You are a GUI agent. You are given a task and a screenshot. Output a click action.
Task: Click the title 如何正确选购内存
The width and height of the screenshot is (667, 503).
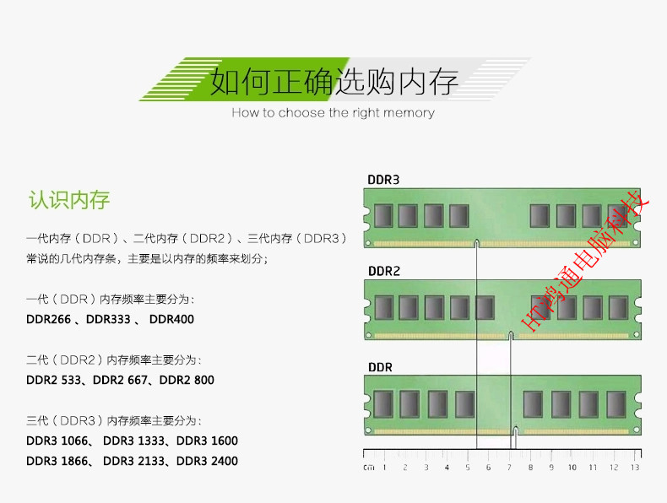coord(334,82)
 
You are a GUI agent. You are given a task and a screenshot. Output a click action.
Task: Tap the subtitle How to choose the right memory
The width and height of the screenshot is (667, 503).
coord(333,113)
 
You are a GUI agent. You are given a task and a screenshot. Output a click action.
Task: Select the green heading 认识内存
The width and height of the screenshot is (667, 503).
coord(69,201)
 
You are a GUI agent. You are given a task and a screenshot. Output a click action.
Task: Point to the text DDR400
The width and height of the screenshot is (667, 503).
coord(171,320)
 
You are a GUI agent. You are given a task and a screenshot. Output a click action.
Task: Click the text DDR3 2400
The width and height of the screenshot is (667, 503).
coord(207,462)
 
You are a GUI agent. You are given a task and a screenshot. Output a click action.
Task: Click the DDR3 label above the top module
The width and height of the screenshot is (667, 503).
coord(383,180)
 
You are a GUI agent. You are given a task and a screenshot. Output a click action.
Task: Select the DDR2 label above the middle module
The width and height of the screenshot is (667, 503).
coord(384,272)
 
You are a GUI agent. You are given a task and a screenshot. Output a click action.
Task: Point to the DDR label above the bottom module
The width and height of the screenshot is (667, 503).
coord(380,367)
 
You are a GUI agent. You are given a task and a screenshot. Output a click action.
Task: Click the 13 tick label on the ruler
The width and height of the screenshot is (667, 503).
coord(635,467)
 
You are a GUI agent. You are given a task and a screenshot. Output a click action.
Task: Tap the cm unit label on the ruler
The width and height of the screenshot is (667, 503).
coord(369,467)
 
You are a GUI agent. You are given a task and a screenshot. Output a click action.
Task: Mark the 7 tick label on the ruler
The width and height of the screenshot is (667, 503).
coord(509,467)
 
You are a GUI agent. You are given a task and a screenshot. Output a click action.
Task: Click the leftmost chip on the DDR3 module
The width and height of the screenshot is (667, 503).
coord(384,216)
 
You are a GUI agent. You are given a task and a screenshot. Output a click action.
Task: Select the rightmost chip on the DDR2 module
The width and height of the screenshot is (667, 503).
coord(618,307)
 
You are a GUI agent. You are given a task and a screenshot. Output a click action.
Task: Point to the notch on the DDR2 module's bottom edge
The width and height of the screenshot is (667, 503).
coord(511,336)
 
